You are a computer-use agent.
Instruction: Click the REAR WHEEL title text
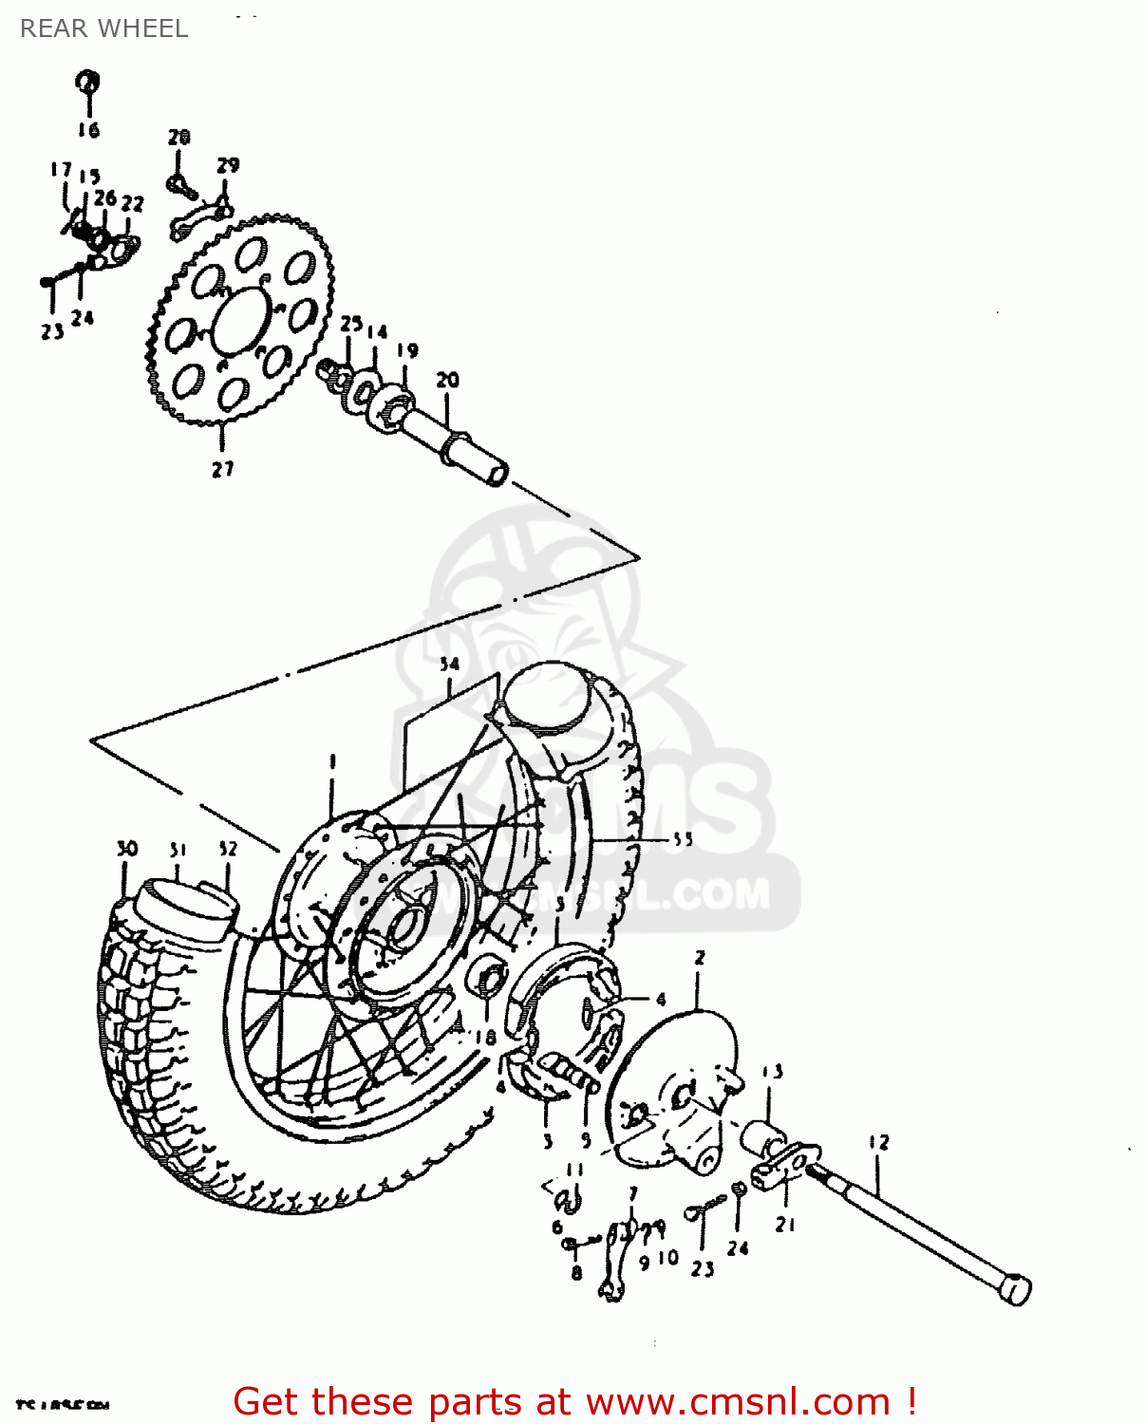click(103, 28)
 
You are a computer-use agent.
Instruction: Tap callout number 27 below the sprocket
click(222, 469)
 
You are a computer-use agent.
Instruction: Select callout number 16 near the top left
click(88, 130)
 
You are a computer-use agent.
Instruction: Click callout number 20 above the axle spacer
click(447, 380)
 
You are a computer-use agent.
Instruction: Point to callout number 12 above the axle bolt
click(878, 1142)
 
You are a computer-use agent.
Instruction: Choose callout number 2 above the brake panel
click(700, 957)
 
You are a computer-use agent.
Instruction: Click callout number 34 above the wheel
click(449, 665)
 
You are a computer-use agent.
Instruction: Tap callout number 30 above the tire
click(126, 849)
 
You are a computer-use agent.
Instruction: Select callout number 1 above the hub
click(332, 761)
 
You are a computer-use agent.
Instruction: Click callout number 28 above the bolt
click(179, 138)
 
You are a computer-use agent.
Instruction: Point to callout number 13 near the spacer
click(773, 1072)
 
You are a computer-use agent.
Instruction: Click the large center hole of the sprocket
click(241, 321)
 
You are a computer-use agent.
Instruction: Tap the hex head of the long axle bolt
click(1015, 1289)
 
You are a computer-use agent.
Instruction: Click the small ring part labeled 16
click(87, 82)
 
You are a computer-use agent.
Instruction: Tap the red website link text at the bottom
click(574, 1401)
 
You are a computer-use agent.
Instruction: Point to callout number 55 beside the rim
click(683, 839)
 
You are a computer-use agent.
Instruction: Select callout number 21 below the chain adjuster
click(784, 1225)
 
